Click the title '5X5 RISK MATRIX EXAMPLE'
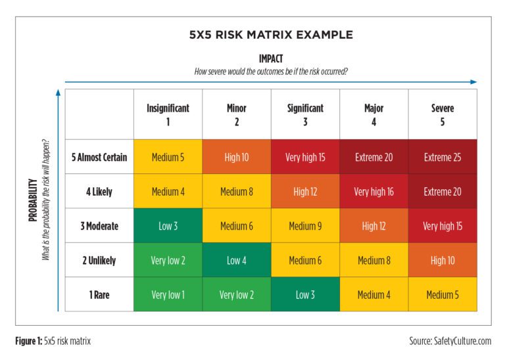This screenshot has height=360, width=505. tap(270, 34)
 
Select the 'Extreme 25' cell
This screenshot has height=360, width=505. tap(443, 157)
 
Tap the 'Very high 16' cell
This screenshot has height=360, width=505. tap(373, 192)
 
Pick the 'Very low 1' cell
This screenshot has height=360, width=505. tap(168, 294)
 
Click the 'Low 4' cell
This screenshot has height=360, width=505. tap(237, 260)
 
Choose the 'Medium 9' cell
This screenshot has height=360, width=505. tap(305, 226)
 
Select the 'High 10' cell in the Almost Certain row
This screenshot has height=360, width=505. tap(237, 157)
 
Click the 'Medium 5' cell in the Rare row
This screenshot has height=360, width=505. tap(443, 294)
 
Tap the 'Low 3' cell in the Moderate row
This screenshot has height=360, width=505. tap(168, 226)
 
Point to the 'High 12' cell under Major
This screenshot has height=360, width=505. tap(373, 226)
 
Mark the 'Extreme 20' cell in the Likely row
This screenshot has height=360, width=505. tap(443, 192)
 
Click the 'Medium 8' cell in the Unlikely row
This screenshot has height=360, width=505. tap(373, 260)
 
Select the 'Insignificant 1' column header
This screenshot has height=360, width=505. tap(168, 114)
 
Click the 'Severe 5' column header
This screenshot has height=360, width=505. tap(443, 114)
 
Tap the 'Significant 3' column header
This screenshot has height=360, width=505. tap(305, 114)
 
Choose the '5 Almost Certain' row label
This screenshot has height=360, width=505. tap(99, 157)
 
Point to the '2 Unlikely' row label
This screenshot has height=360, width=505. tap(99, 260)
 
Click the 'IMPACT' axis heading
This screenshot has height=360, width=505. tap(270, 58)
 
